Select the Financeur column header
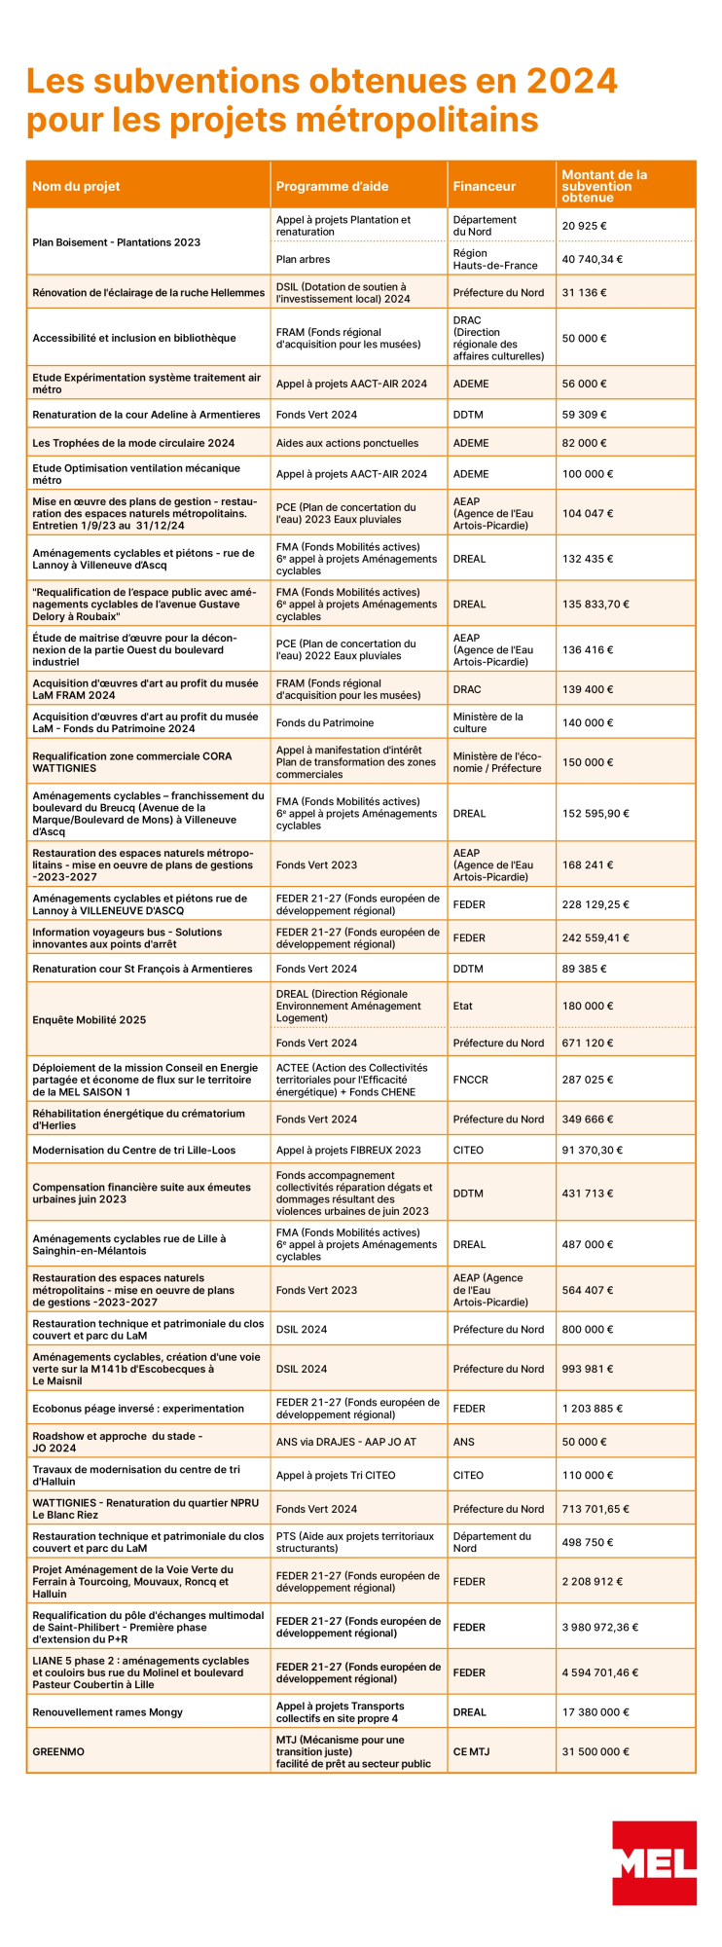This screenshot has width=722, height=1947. coord(484,186)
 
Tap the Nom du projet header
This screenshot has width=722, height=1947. coord(76,186)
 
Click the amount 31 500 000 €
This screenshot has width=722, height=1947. coord(596,1751)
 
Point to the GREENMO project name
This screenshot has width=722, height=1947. coord(58,1751)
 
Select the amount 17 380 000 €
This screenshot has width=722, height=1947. coord(596,1711)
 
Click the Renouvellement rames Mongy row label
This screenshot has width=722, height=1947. coord(107,1711)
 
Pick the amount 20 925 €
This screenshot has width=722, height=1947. coord(584,226)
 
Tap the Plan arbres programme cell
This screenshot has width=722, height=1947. coord(303,259)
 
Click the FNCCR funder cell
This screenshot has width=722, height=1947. coord(470,1080)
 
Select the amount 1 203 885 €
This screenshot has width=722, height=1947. coord(592,1408)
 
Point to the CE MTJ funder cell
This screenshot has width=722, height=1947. coord(471,1751)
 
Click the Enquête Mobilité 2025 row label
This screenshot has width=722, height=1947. coord(89,1019)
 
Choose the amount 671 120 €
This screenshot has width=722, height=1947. coord(584,1043)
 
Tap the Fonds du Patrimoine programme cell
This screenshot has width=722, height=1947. coord(324,722)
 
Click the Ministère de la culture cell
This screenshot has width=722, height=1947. coord(487,722)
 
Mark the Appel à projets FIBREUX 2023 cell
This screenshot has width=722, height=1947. coord(348,1150)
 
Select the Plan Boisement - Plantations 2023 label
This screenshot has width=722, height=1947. coord(116,242)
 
